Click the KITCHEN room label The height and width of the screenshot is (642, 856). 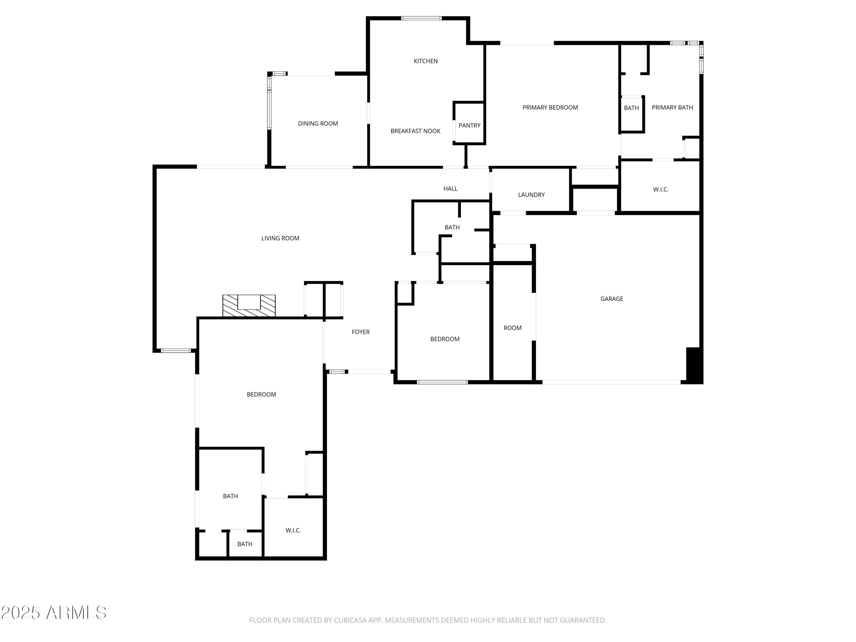(425, 61)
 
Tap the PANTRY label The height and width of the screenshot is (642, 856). (469, 125)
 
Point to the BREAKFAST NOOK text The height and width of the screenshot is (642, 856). (415, 131)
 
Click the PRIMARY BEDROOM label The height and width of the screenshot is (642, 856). (550, 108)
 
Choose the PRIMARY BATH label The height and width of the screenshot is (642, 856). (672, 108)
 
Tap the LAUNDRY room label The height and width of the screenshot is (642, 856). (531, 195)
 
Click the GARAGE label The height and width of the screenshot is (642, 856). (611, 299)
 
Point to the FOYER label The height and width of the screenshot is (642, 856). (360, 332)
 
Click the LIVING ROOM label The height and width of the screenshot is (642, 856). (280, 238)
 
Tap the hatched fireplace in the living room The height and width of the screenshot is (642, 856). (249, 306)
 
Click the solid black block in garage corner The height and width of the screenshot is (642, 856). (694, 365)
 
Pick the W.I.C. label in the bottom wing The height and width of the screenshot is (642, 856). (293, 530)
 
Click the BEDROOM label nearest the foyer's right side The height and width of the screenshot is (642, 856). (445, 339)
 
